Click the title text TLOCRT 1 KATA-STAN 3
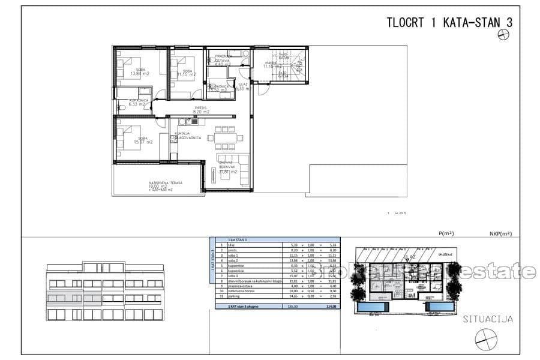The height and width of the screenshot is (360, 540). point(450,23)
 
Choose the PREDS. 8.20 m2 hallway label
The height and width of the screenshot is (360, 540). point(201,110)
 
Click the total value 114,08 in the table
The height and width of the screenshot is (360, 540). point(329,307)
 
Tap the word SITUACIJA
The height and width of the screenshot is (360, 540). point(487,319)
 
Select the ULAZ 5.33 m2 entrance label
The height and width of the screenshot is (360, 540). point(242,86)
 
